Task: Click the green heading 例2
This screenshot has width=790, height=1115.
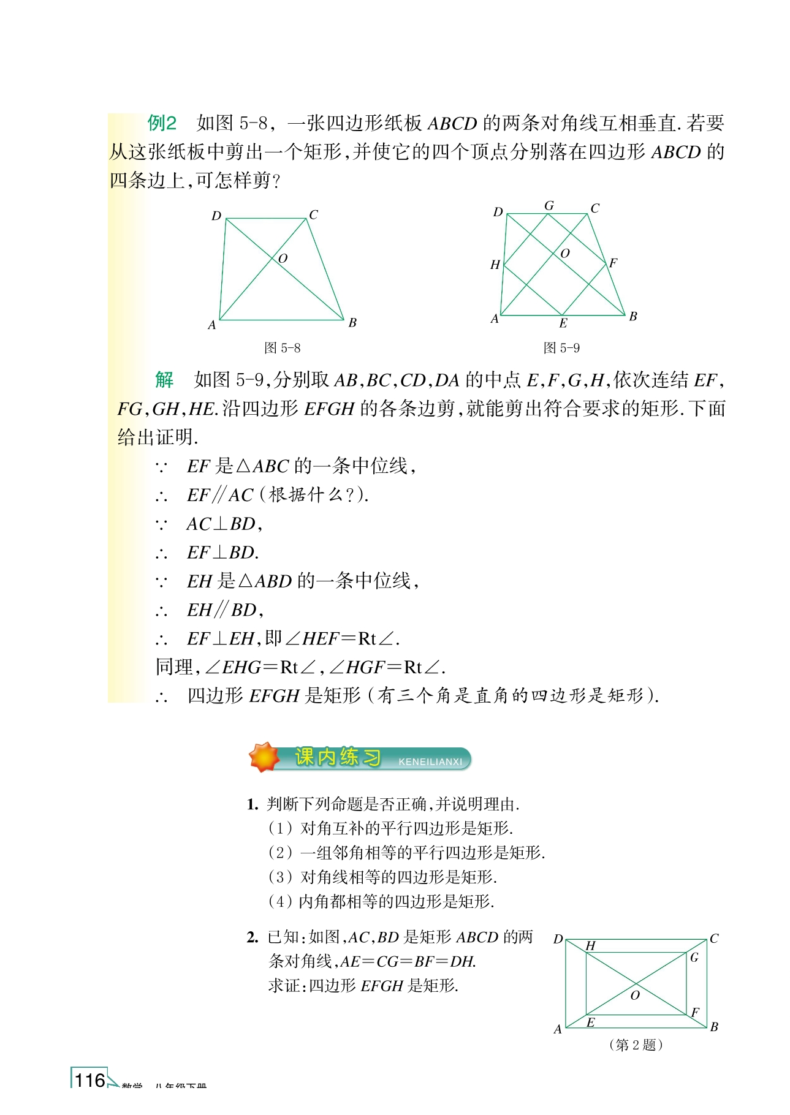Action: (162, 123)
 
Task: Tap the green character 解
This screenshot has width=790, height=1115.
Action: (164, 380)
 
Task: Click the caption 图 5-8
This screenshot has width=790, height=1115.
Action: (282, 348)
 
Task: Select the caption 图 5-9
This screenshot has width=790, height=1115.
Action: (561, 348)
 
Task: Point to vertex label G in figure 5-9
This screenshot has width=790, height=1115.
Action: (549, 206)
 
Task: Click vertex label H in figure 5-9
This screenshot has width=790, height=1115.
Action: (495, 265)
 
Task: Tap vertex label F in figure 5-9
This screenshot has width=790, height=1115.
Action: (613, 263)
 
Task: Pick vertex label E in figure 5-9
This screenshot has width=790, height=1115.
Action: (563, 323)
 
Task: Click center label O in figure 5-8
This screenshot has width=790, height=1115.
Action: (283, 259)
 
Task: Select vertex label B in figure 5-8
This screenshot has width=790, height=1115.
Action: (352, 323)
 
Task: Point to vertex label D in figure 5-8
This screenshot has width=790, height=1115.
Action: (216, 216)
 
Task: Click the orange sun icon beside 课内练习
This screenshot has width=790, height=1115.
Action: (264, 757)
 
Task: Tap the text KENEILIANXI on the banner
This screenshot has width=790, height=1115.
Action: (430, 762)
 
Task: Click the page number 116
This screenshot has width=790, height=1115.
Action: (90, 1080)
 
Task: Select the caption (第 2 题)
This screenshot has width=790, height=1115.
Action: (636, 1045)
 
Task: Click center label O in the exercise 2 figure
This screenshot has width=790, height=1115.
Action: (635, 996)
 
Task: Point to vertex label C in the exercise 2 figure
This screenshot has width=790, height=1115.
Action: (714, 939)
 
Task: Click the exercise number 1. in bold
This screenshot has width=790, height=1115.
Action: (253, 804)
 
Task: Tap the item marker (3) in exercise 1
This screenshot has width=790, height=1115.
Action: (280, 877)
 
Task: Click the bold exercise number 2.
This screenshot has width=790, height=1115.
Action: (253, 937)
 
